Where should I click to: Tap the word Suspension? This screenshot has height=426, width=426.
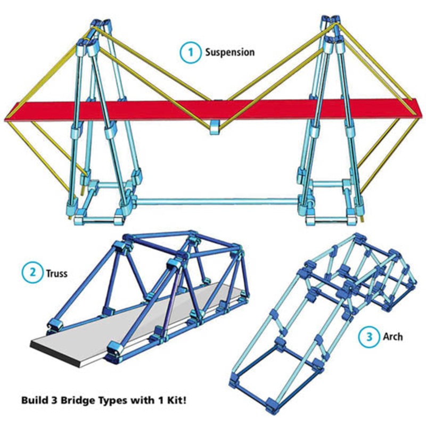point(230,52)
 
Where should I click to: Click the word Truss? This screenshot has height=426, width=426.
point(56,274)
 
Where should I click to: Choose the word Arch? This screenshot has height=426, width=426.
point(392,337)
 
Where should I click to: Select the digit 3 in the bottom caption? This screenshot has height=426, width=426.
point(55,398)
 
